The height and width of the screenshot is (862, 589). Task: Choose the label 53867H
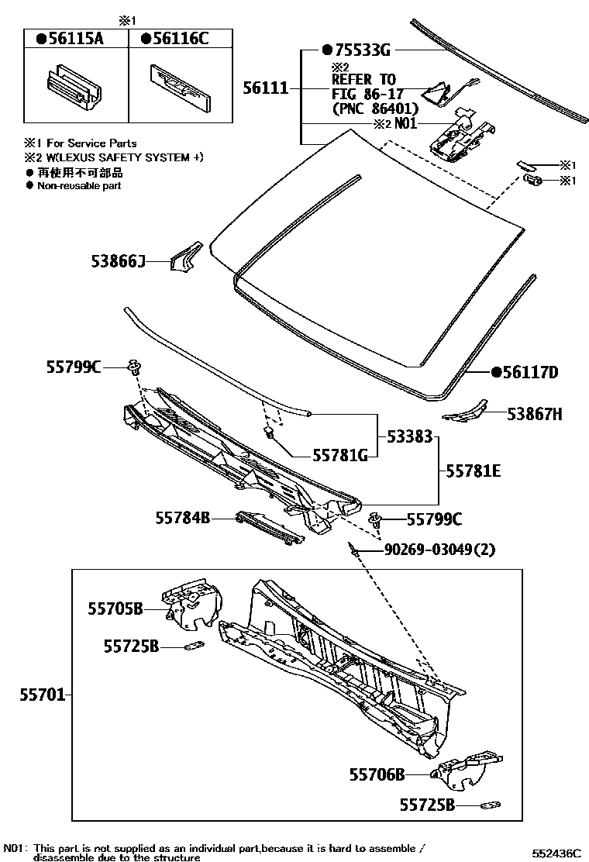tap(535, 415)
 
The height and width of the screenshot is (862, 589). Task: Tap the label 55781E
tap(473, 471)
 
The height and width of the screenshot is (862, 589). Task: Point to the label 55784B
tap(182, 517)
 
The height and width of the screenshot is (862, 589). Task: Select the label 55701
tap(42, 695)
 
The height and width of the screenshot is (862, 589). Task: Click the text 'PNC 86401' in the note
tap(375, 108)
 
